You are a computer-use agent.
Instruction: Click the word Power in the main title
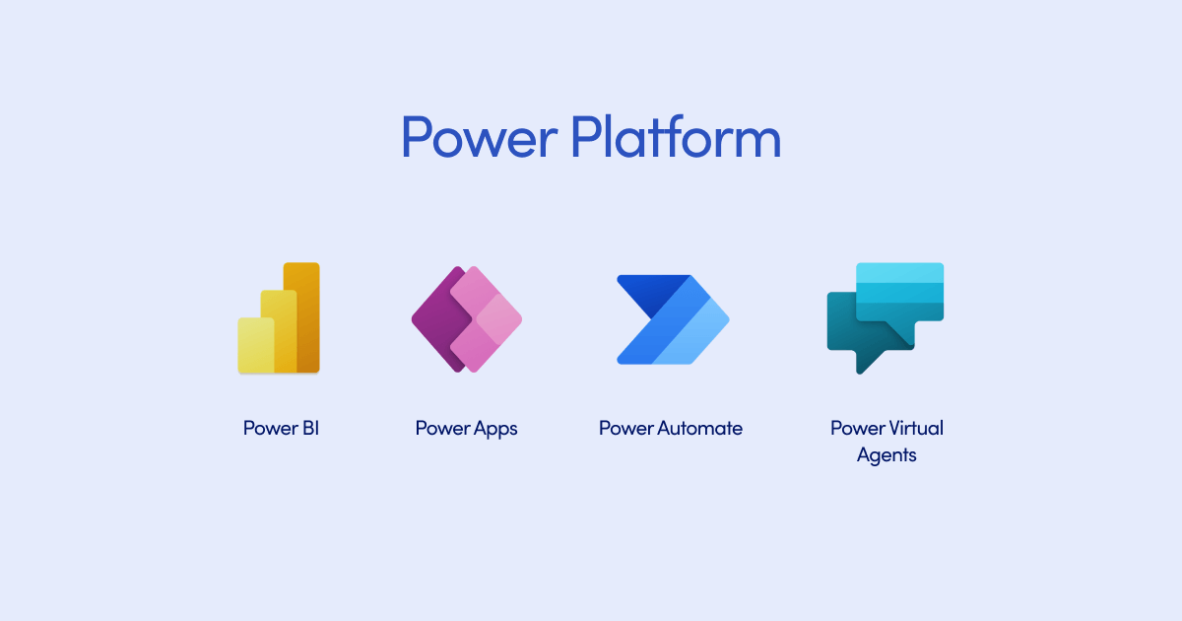(479, 137)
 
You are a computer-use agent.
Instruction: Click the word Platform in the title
(676, 136)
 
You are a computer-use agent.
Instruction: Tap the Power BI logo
(279, 317)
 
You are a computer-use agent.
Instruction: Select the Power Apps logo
(467, 319)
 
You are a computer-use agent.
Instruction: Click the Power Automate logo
(673, 319)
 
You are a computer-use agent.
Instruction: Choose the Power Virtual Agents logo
(885, 318)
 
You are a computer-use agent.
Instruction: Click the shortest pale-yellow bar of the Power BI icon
(255, 346)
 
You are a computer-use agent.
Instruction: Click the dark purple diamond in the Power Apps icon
(438, 319)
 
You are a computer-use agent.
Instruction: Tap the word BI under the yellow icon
(310, 428)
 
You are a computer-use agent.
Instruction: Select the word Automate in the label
(699, 428)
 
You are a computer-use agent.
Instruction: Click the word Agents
(886, 455)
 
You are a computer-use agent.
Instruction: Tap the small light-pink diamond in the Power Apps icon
(499, 319)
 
